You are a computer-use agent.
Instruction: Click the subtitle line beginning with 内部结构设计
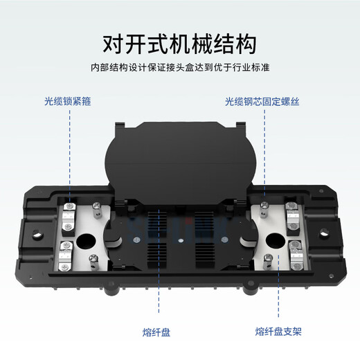[179, 68]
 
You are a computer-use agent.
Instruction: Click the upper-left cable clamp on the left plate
[69, 211]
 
